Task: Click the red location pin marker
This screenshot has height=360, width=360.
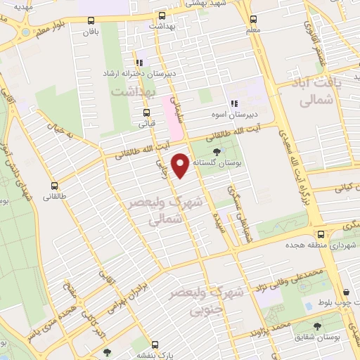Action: (181, 166)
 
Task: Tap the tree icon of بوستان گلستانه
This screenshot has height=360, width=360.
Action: (216, 151)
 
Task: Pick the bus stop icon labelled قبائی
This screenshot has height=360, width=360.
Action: (146, 112)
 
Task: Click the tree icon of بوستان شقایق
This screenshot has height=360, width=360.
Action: (317, 326)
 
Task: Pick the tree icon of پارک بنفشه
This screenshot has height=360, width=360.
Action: (107, 352)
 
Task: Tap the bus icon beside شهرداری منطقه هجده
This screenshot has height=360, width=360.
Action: (321, 234)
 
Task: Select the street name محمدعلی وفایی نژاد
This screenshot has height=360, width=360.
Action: (290, 276)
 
